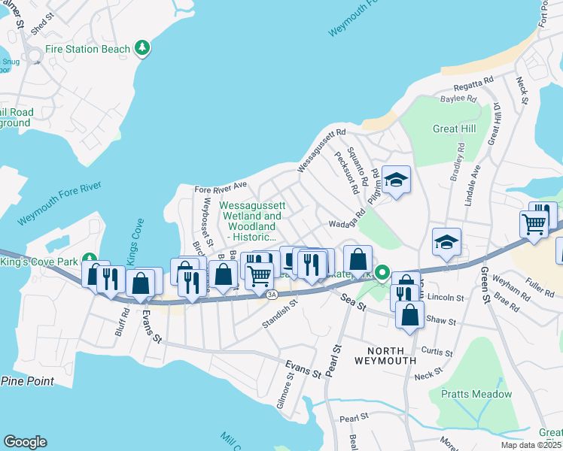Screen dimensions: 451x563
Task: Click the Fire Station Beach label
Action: pyautogui.click(x=87, y=49)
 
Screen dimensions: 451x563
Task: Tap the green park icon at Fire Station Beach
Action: pyautogui.click(x=142, y=49)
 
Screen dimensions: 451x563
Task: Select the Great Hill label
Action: pyautogui.click(x=454, y=129)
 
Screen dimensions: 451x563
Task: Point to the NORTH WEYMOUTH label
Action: pyautogui.click(x=391, y=355)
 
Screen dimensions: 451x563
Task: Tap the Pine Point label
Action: pyautogui.click(x=27, y=381)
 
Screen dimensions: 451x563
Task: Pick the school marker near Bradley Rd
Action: pyautogui.click(x=446, y=242)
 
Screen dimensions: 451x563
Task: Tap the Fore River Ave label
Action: pyautogui.click(x=221, y=186)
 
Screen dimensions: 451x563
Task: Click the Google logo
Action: pyautogui.click(x=25, y=442)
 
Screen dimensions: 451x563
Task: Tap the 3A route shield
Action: pyautogui.click(x=272, y=294)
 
